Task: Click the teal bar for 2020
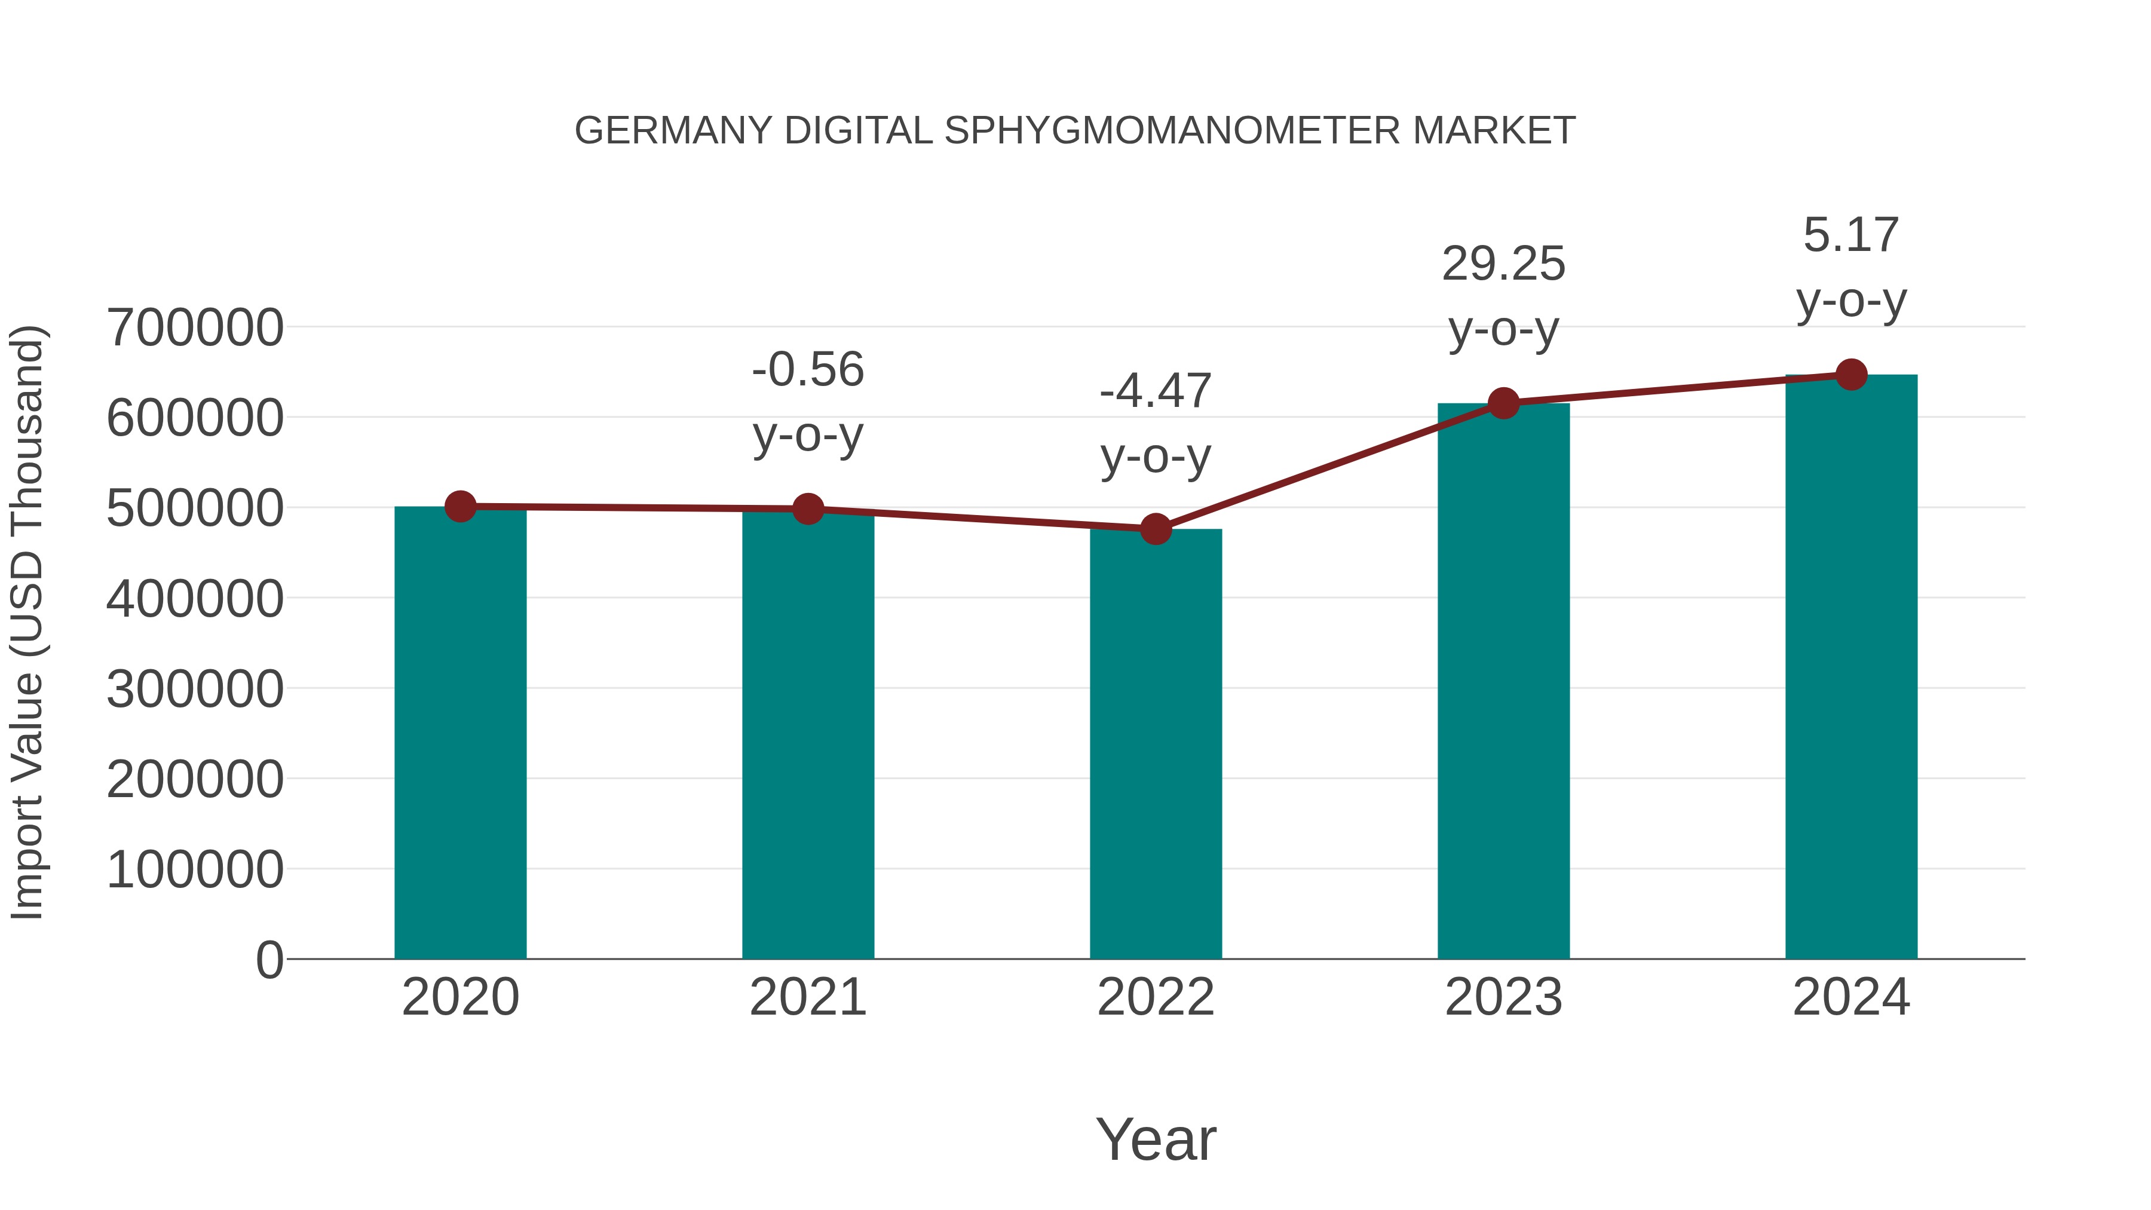tap(460, 735)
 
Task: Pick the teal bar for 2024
tap(1851, 668)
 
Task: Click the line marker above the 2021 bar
tap(807, 508)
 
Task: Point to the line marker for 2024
tap(1851, 375)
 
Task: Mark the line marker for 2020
tap(460, 506)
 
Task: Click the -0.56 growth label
tap(807, 370)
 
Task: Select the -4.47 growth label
tap(1156, 391)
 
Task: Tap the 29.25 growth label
tap(1503, 265)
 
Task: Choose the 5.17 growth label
tap(1851, 235)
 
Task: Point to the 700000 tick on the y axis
tap(195, 327)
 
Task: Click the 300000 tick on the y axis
tap(195, 689)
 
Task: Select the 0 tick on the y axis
tap(269, 960)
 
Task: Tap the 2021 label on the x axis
tap(807, 997)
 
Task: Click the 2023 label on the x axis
tap(1503, 997)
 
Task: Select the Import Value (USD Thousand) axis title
tap(27, 622)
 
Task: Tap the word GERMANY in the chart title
tap(673, 131)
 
